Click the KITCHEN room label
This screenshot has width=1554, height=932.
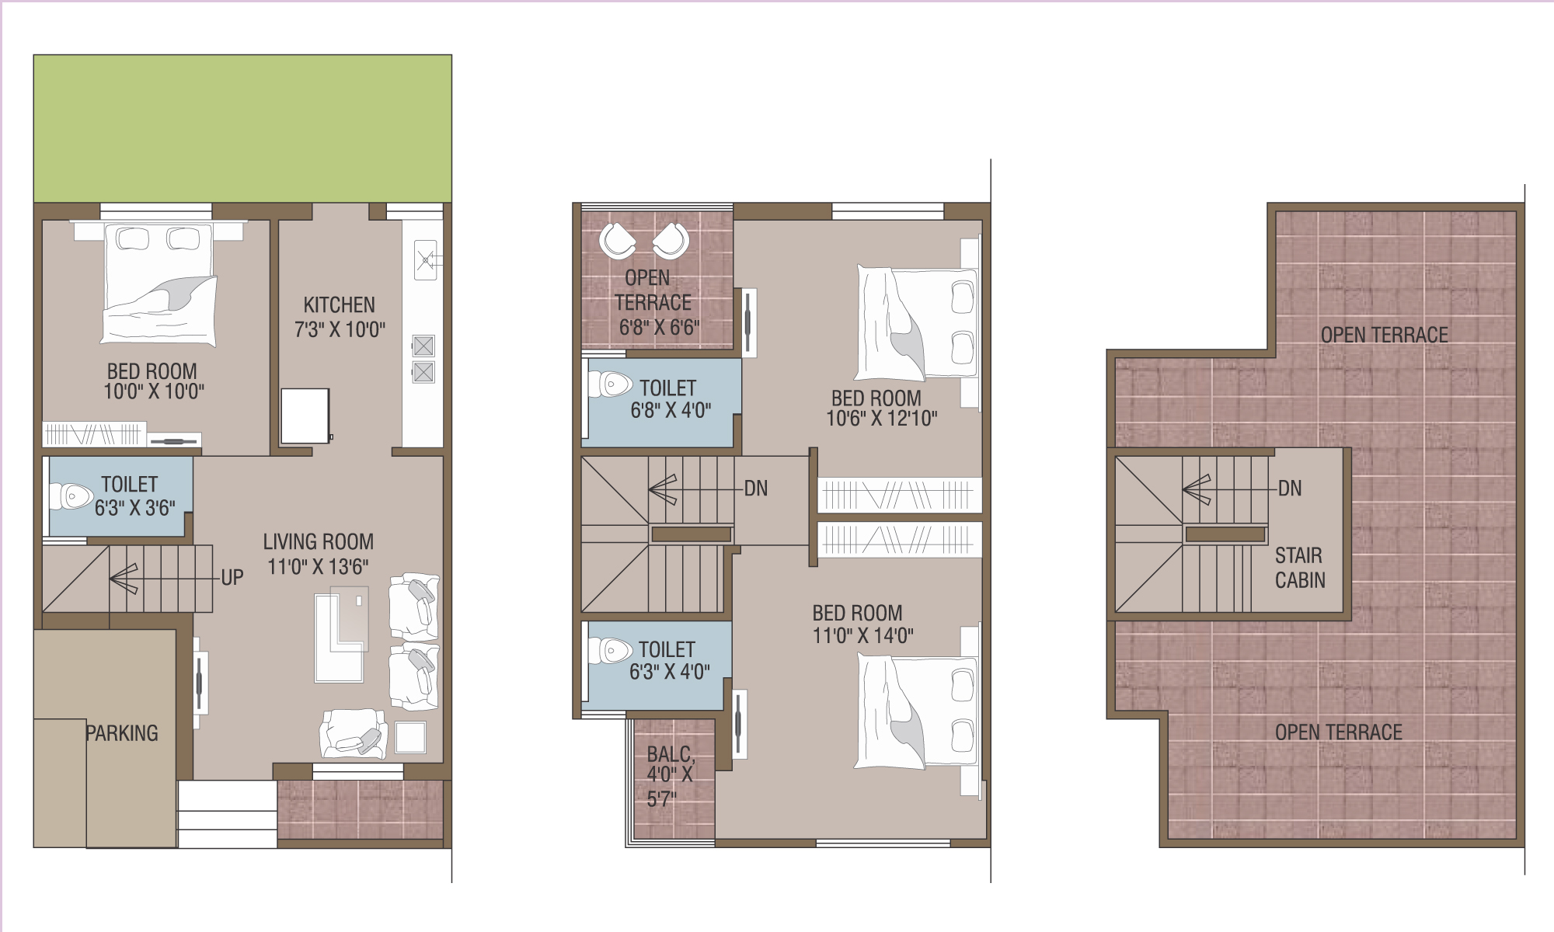tap(339, 304)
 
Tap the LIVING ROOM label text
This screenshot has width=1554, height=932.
tap(318, 541)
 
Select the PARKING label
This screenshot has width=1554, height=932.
tap(122, 733)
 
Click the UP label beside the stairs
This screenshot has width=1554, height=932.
tap(232, 578)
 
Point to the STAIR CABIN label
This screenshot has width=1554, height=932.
tap(1300, 568)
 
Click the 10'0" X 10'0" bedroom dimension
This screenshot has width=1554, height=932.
tap(154, 391)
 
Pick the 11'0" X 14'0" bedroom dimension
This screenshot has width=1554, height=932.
tap(862, 636)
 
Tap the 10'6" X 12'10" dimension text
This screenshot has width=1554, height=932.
tap(881, 419)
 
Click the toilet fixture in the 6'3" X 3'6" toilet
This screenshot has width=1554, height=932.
tap(71, 496)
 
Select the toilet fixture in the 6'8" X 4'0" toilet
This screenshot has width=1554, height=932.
tap(611, 384)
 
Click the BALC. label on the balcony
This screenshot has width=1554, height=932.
tap(671, 754)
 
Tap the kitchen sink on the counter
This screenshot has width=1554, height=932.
tap(425, 260)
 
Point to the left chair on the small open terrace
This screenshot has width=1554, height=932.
tap(618, 240)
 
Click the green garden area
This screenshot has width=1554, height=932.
tap(242, 129)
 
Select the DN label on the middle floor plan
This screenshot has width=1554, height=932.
tap(756, 489)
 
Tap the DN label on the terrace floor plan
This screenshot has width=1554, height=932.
tap(1290, 489)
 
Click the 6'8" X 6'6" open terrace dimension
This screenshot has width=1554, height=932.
tap(659, 328)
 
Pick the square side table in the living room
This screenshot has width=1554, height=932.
tap(410, 737)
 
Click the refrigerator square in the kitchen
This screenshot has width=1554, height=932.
tap(305, 416)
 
